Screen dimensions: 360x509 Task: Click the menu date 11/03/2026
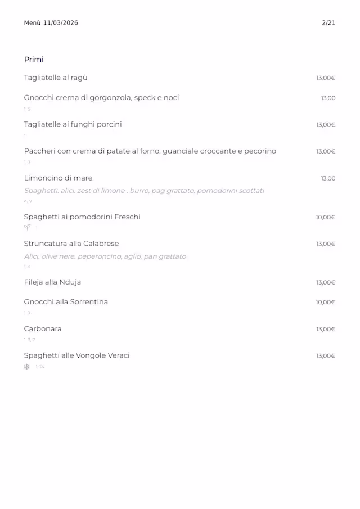point(61,23)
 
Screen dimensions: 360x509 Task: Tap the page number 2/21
point(328,23)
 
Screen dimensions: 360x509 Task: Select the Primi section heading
point(34,60)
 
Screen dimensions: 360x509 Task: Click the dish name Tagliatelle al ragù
point(56,78)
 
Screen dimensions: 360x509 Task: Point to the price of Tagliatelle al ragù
point(326,78)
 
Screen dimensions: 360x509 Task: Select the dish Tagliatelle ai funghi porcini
point(73,124)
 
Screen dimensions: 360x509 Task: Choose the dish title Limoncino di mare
point(58,178)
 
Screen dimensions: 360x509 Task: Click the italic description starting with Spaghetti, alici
point(144,191)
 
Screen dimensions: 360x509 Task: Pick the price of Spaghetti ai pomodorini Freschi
point(326,217)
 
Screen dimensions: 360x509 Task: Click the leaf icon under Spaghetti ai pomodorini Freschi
point(26,228)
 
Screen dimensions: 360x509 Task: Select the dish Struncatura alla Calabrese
point(71,244)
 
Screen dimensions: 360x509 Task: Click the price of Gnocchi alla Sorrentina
point(326,303)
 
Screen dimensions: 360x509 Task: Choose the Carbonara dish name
point(43,329)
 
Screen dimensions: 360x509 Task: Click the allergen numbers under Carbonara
point(29,340)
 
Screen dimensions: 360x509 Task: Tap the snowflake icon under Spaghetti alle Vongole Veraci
point(26,367)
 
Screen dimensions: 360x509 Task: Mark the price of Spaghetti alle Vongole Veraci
point(326,356)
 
